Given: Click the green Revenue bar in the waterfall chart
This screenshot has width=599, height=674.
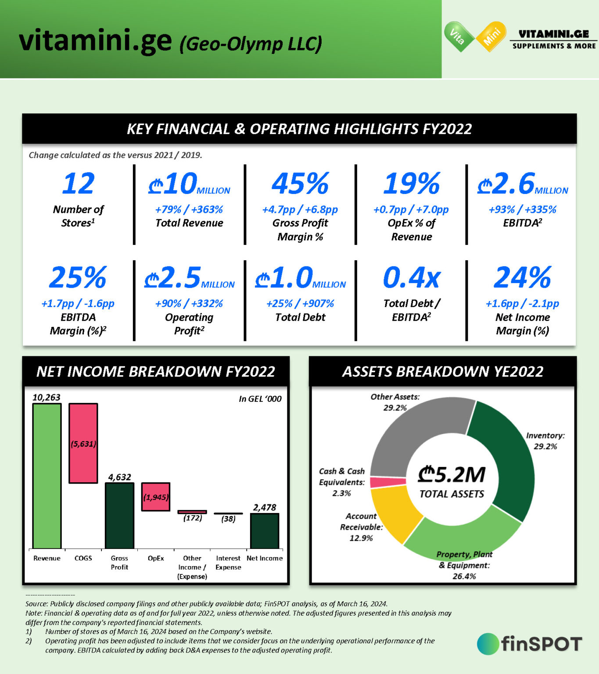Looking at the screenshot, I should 47,476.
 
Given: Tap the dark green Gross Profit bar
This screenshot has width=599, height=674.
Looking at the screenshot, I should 119,516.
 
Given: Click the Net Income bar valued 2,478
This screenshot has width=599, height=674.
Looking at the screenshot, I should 265,531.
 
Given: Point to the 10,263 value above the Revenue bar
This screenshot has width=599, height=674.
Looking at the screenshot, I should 47,398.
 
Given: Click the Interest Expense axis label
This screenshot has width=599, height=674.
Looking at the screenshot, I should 228,563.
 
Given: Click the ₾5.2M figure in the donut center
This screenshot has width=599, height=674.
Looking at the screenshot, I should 452,474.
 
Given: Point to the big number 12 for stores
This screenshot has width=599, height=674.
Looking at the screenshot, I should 78,183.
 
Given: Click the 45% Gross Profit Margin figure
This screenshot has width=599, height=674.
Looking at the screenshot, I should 300,183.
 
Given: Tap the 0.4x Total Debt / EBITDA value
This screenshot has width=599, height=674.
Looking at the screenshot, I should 411,278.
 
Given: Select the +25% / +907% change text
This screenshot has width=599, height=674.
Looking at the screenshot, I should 300,304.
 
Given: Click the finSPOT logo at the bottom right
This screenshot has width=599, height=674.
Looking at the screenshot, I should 530,644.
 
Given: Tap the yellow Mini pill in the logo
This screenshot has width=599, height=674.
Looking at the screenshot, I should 491,37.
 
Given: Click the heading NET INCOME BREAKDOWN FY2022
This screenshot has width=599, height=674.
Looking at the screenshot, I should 156,372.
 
